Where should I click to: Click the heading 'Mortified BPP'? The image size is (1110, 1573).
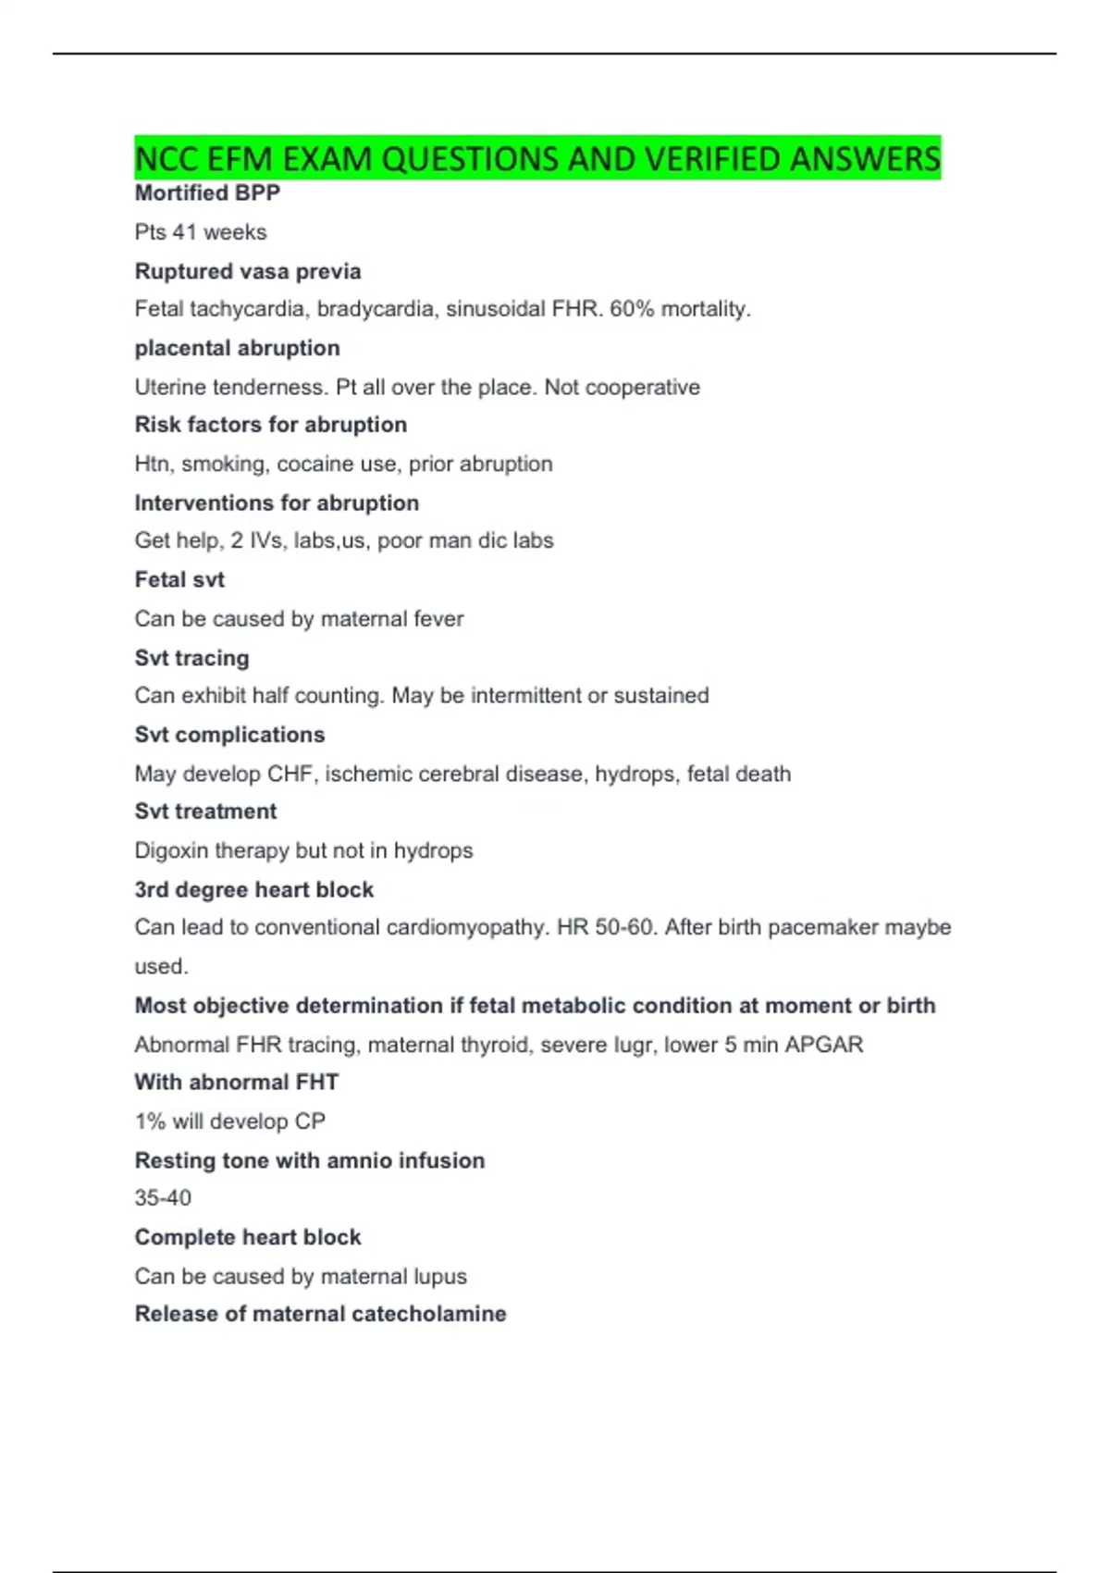[207, 193]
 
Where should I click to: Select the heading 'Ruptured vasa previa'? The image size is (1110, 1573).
[248, 271]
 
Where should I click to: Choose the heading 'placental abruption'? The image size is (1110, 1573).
[238, 348]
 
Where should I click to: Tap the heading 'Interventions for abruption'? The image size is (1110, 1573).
[277, 502]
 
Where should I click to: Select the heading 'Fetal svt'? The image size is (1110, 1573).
[179, 579]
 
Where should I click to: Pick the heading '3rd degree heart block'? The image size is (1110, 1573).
[254, 889]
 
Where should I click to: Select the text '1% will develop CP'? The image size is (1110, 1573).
[230, 1121]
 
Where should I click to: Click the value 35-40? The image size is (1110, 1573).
[163, 1198]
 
